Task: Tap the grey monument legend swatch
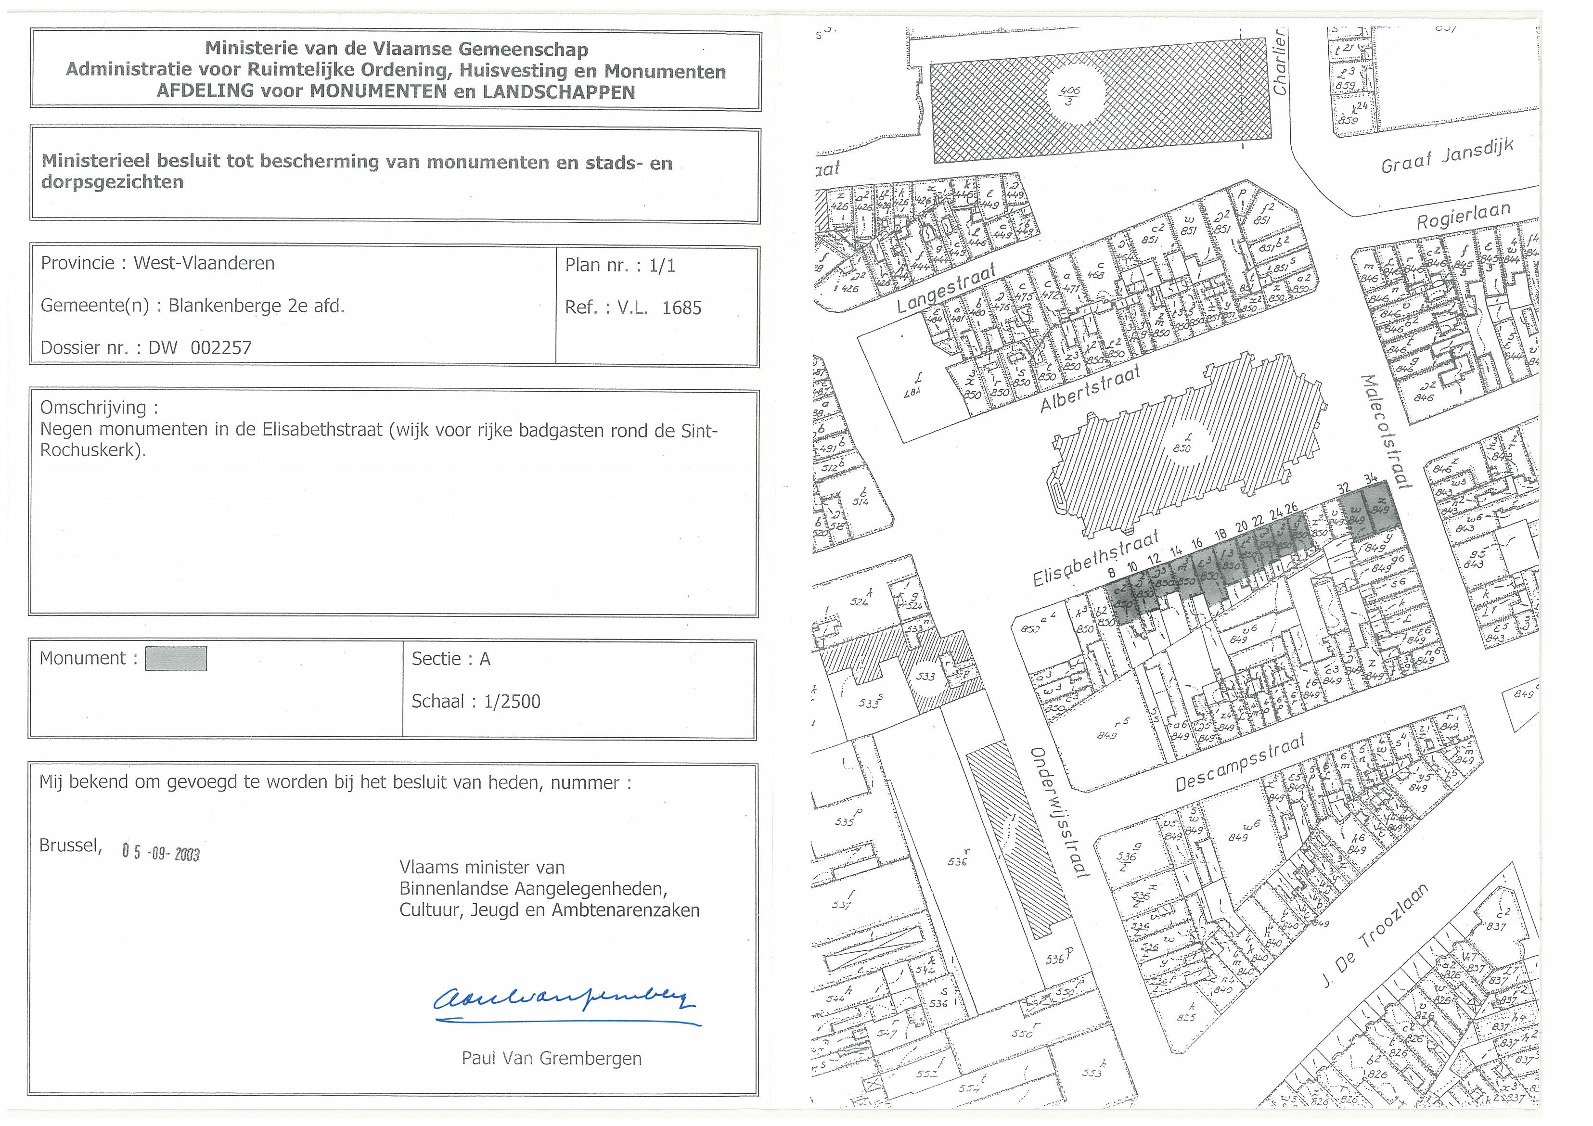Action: pyautogui.click(x=176, y=659)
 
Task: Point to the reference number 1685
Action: pyautogui.click(x=681, y=308)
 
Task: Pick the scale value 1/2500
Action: pyautogui.click(x=512, y=702)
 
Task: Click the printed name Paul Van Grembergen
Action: pyautogui.click(x=552, y=1059)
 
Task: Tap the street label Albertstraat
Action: pyautogui.click(x=1090, y=390)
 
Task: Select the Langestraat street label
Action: pyautogui.click(x=946, y=289)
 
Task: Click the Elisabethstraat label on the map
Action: pyautogui.click(x=1096, y=559)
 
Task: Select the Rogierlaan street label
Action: pyautogui.click(x=1463, y=216)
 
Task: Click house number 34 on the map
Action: pyautogui.click(x=1370, y=479)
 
